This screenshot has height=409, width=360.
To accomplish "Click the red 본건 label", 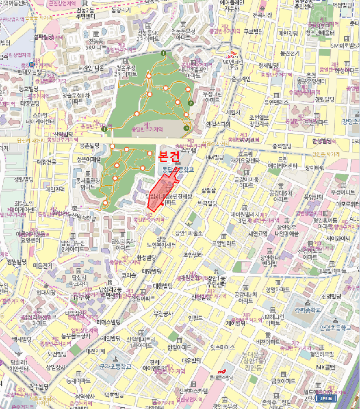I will coord(171,157).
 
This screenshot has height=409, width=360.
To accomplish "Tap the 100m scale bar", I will coord(326,398).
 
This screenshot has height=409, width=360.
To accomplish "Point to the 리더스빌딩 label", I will coord(108,322).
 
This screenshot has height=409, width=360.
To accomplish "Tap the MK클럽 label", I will coord(324,368).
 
